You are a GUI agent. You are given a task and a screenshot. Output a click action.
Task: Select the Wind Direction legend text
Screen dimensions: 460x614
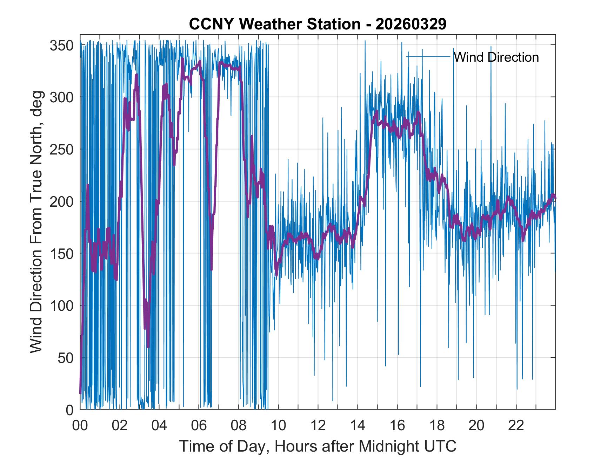click(x=496, y=57)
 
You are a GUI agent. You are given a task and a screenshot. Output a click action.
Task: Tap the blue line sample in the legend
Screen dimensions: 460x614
click(x=428, y=56)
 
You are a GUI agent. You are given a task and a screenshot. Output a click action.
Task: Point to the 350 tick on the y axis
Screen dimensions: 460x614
click(x=61, y=46)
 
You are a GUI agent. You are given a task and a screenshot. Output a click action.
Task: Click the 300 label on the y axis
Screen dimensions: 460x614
click(x=61, y=97)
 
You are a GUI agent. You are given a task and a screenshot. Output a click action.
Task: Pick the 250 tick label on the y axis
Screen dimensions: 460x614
click(x=61, y=150)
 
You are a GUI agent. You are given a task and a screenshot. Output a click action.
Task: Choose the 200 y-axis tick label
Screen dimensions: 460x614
click(x=61, y=201)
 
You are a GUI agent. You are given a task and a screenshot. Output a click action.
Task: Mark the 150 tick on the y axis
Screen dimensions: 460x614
click(x=61, y=254)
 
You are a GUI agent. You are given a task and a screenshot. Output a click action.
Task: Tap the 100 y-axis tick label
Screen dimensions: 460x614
click(x=61, y=305)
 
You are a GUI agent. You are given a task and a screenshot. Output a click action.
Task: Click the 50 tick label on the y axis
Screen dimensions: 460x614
click(x=66, y=358)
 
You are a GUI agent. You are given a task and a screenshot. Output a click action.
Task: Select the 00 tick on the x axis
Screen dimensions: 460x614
click(x=80, y=425)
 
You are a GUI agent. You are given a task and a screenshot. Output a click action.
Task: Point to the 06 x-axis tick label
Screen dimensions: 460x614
click(x=199, y=425)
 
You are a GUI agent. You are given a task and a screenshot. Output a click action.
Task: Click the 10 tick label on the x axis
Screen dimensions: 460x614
click(x=278, y=425)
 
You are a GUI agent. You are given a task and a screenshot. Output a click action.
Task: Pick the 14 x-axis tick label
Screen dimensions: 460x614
click(x=358, y=425)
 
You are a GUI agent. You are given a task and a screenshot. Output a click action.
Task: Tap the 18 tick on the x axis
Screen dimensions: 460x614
click(x=437, y=425)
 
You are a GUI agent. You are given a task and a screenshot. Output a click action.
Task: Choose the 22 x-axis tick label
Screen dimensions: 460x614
click(x=516, y=425)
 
